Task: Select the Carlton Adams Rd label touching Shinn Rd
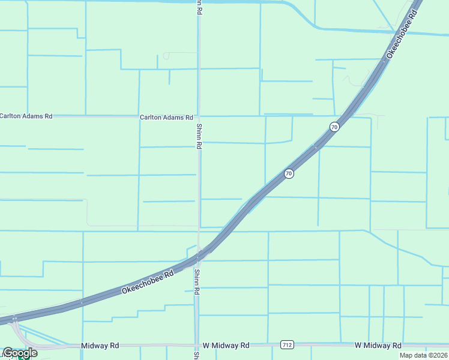pyautogui.click(x=166, y=118)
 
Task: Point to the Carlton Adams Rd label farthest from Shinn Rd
pyautogui.click(x=26, y=116)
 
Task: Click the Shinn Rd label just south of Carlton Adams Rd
pyautogui.click(x=198, y=137)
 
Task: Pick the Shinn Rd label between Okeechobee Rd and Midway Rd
pyautogui.click(x=196, y=282)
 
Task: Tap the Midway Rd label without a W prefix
pyautogui.click(x=100, y=346)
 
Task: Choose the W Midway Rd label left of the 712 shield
pyautogui.click(x=226, y=346)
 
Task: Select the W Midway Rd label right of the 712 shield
pyautogui.click(x=378, y=346)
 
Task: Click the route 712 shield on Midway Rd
pyautogui.click(x=286, y=344)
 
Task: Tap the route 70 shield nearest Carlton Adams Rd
pyautogui.click(x=334, y=127)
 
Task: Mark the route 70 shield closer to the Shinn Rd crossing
pyautogui.click(x=289, y=173)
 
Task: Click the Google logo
pyautogui.click(x=20, y=353)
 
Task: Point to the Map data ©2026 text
pyautogui.click(x=423, y=355)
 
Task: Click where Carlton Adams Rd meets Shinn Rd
pyautogui.click(x=199, y=116)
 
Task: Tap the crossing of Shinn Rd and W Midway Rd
pyautogui.click(x=196, y=346)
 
